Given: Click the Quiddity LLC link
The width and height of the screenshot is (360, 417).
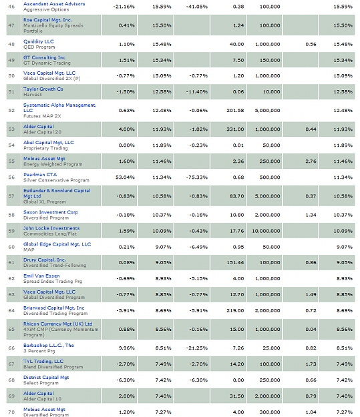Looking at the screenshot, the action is pos(39,41).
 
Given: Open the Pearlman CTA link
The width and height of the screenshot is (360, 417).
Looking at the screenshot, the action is pos(40,174).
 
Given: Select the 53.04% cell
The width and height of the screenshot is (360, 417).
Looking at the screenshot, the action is pos(125,177).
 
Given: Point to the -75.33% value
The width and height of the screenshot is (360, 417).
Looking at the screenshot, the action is pos(197,177).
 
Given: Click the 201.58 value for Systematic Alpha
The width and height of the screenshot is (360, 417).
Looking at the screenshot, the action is pos(235,110).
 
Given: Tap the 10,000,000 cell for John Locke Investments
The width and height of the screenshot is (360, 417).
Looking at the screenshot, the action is pos(266,231).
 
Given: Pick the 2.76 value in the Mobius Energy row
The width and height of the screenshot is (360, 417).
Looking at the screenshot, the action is pos(311,161).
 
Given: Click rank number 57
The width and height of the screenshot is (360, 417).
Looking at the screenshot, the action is pos(11,196).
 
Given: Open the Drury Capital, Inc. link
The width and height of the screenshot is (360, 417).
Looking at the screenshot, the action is pos(45,260).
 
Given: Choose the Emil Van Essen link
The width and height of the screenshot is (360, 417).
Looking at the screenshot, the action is pos(41,276).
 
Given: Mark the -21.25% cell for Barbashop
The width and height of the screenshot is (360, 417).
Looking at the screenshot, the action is pos(197,348).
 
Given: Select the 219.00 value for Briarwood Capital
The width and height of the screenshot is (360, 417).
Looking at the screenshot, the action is pos(235,311).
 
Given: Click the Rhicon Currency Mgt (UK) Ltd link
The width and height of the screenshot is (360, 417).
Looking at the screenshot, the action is pos(58,324).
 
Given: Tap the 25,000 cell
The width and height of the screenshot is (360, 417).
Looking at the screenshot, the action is pos(271,348).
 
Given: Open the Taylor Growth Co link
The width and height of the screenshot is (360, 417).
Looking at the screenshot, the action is pos(43,89).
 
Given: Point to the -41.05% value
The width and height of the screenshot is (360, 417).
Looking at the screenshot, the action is pos(197,7).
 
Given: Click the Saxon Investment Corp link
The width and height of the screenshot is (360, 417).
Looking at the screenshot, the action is pos(51,212).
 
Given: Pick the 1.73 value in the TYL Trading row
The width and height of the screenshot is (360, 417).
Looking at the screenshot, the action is pos(311,364).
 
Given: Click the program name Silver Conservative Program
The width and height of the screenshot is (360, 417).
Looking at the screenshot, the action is pos(56,180).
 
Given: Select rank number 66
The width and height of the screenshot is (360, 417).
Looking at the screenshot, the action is pos(11,348).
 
